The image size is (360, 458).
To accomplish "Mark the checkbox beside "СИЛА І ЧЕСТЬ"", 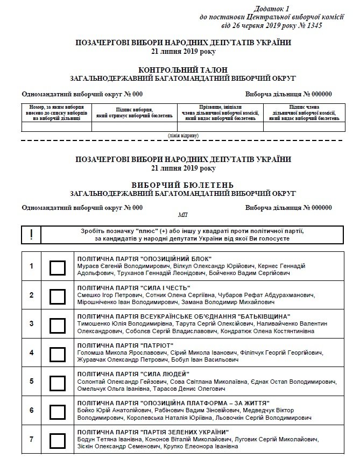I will [57, 296].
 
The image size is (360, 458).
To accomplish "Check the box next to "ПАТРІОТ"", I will [57, 354].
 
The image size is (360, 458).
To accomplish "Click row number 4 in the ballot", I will [32, 354].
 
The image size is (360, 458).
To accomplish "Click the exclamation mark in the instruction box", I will [32, 235].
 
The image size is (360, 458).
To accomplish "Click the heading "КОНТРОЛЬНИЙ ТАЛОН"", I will [183, 70].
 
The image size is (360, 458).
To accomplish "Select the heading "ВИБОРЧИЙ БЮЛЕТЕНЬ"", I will [183, 185].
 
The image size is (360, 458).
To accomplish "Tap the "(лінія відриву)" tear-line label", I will [183, 135].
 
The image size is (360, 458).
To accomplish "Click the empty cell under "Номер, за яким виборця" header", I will [57, 127].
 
